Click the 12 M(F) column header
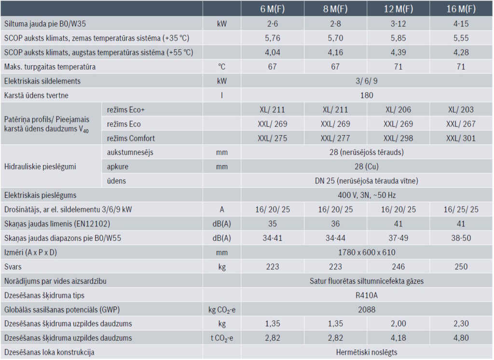coord(398,9)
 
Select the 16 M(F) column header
coord(461,9)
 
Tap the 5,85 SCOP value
coord(398,38)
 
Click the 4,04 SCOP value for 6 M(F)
coord(273,52)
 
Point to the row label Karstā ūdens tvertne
coord(36,95)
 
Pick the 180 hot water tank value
coord(367,95)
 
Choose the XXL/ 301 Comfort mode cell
coord(461,138)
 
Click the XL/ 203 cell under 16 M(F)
coord(461,110)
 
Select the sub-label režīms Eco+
coord(126,110)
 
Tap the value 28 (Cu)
coord(367,167)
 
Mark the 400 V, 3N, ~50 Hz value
coord(367,195)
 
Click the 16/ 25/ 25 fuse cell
coord(461,209)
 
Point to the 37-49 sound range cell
coord(398,238)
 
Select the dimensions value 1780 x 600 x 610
coord(367,252)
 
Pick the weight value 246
coord(398,266)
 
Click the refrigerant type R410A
coord(367,295)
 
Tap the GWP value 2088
coord(367,309)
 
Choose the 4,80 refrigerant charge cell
coord(461,338)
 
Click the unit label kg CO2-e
coord(221,310)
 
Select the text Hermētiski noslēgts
coord(367,352)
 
